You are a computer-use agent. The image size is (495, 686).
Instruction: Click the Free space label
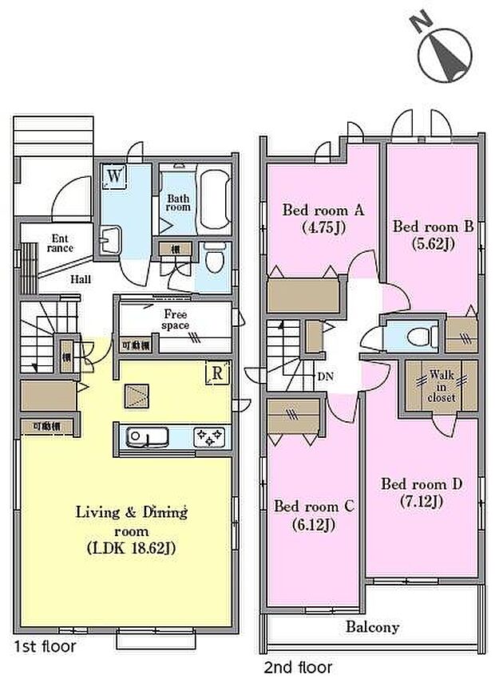(176, 318)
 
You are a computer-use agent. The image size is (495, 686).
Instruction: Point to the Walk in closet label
(442, 385)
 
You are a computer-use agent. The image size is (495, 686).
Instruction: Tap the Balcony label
(373, 626)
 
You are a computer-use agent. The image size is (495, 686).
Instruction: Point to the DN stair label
(326, 375)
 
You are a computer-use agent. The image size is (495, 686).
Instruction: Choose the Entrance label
(61, 242)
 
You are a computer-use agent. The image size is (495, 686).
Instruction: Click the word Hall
(80, 279)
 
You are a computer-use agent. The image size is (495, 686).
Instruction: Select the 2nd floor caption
(297, 667)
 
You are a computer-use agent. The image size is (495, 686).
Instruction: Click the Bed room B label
(434, 227)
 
